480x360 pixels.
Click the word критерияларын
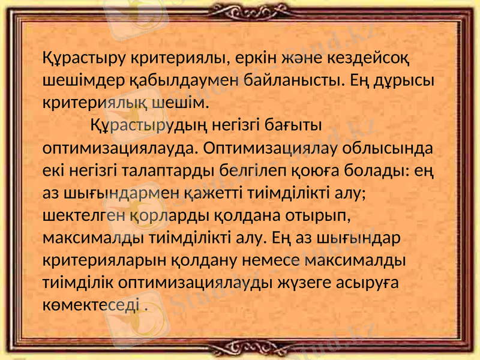click(x=105, y=260)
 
